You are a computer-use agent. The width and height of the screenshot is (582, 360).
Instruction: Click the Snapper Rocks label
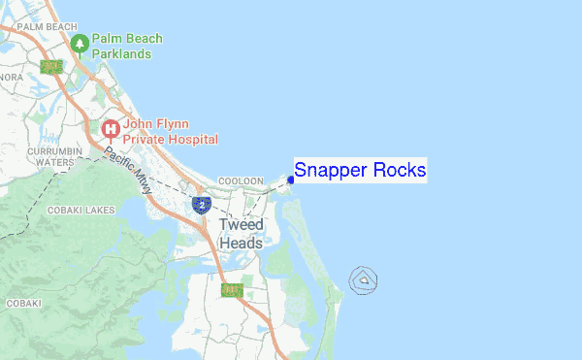click(360, 171)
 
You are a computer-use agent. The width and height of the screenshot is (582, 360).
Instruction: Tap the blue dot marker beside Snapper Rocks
click(291, 180)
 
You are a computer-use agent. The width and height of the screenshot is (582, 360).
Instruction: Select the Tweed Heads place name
click(241, 234)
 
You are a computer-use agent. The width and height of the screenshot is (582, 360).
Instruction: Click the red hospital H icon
click(111, 128)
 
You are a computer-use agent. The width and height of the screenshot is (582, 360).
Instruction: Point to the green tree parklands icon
click(80, 44)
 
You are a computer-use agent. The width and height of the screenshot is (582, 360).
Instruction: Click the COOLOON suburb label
click(241, 181)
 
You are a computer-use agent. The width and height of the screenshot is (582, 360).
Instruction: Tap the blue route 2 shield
click(201, 205)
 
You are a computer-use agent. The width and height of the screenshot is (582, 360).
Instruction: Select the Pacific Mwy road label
click(128, 172)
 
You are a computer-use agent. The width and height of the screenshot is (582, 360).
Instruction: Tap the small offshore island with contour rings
click(364, 280)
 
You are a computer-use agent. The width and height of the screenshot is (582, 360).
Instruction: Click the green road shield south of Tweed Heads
click(230, 290)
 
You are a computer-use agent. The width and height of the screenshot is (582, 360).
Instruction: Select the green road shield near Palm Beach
click(50, 67)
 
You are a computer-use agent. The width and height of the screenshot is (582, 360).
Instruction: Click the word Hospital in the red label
click(183, 138)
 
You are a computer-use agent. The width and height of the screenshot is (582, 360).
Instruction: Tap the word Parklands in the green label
click(121, 54)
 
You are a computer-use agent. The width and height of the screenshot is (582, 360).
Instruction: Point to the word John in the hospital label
click(142, 122)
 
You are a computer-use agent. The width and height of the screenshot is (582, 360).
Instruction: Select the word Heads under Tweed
click(241, 244)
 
